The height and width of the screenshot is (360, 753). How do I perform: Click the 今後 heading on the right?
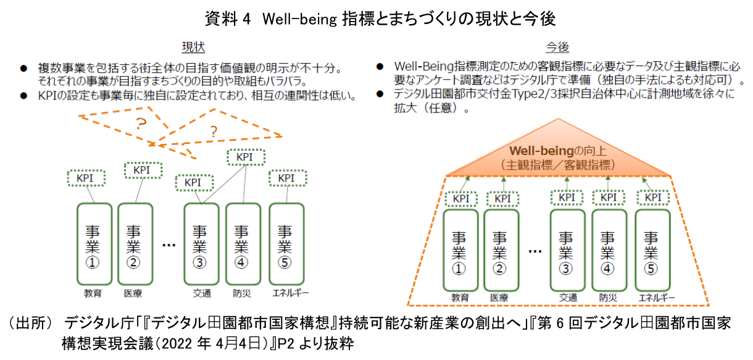[557, 48]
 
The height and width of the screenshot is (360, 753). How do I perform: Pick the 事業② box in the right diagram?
[500, 251]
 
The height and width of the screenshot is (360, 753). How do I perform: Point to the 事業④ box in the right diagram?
[608, 251]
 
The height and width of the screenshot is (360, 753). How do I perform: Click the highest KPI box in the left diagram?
[246, 157]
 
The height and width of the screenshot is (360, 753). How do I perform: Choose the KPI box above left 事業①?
[86, 178]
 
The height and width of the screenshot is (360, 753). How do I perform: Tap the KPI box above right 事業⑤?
[653, 198]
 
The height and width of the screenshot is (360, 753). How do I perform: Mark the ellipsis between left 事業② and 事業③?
[168, 245]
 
